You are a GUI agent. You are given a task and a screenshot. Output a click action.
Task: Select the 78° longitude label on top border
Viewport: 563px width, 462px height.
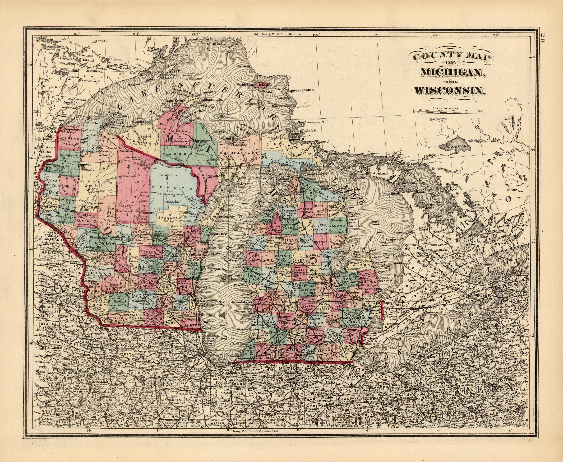tap(496, 35)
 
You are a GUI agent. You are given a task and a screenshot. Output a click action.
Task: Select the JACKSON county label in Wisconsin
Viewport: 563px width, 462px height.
tap(100, 243)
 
